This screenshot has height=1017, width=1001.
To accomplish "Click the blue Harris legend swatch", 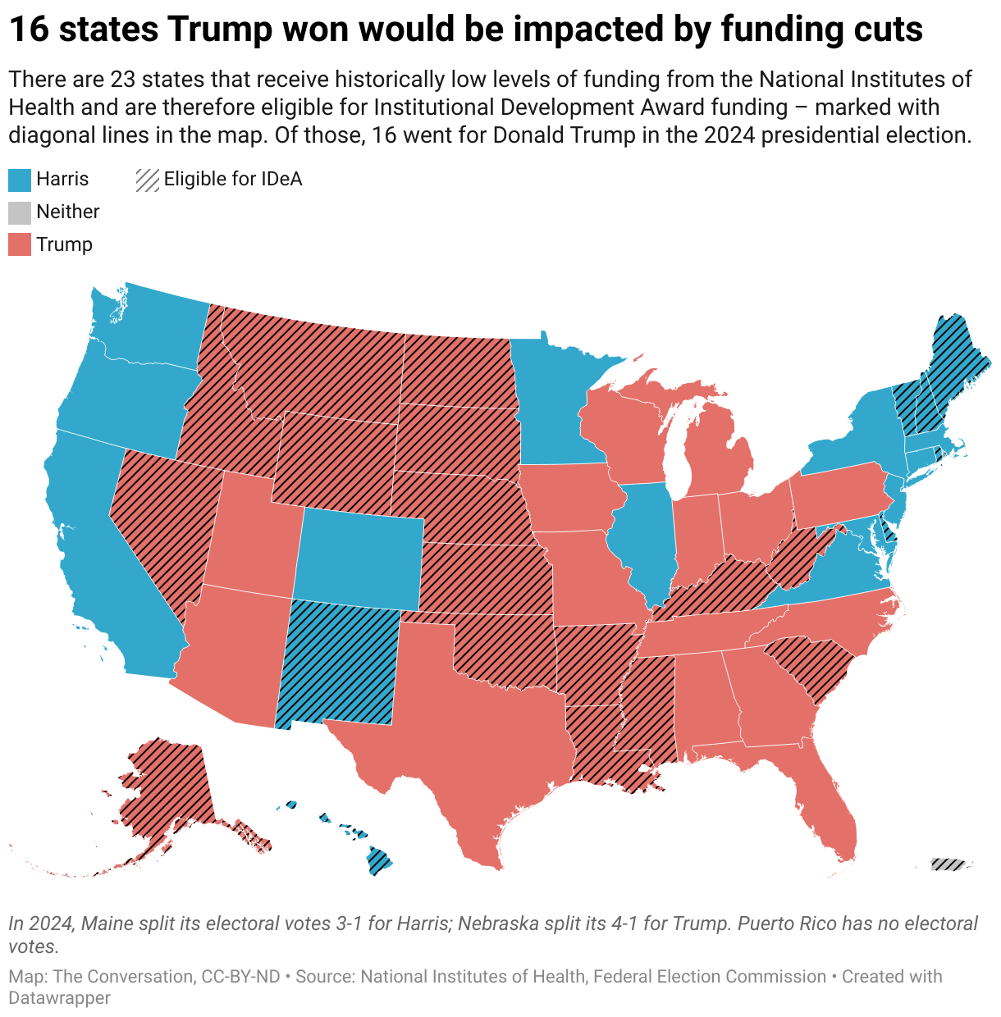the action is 20,180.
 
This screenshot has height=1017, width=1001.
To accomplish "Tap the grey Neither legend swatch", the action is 20,212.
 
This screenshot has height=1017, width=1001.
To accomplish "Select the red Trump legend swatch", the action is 20,245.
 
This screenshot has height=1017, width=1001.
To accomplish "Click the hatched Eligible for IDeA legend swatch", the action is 148,180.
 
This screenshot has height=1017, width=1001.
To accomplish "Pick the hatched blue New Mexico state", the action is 336,664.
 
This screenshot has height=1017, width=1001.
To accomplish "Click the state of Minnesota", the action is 555,401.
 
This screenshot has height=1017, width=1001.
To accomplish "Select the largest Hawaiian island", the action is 379,861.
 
